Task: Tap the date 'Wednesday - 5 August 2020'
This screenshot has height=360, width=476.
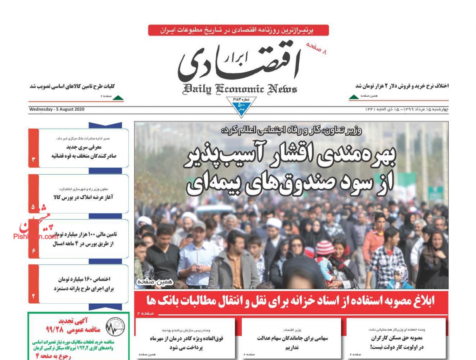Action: [57, 110]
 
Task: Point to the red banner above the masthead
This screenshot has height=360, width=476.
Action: [238, 30]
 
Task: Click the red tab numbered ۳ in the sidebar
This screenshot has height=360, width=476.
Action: [34, 159]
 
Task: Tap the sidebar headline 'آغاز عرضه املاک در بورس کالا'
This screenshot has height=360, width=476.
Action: [83, 197]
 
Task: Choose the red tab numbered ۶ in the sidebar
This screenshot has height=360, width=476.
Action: [34, 251]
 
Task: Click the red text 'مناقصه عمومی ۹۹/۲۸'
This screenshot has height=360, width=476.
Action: [67, 328]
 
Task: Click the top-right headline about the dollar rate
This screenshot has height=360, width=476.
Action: [402, 86]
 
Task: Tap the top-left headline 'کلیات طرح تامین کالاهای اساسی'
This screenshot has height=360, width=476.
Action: [72, 86]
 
